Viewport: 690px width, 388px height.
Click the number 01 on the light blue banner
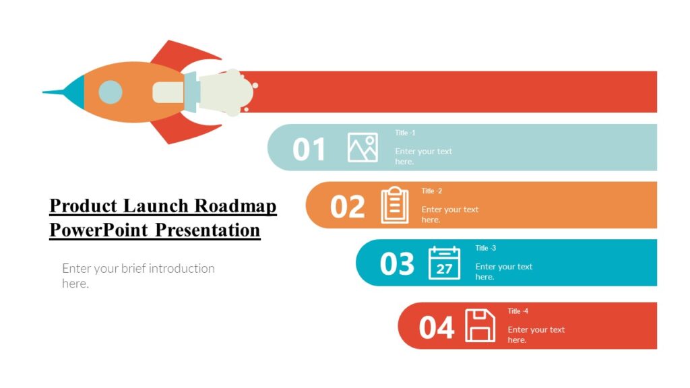[309, 149]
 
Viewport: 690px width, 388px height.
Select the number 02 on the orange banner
[348, 207]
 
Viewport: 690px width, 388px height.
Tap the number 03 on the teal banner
[397, 264]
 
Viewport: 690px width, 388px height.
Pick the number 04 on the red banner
[437, 327]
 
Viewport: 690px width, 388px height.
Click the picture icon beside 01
[363, 148]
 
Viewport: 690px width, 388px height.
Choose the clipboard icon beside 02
[395, 205]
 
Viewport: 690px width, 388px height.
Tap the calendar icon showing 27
[445, 263]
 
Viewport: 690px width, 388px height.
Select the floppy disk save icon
[480, 325]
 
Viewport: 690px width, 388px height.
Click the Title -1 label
[405, 133]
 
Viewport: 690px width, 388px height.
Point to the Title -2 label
[432, 191]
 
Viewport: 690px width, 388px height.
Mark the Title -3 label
[485, 248]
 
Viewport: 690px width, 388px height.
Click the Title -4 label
[518, 311]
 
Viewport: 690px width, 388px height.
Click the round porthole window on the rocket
[111, 92]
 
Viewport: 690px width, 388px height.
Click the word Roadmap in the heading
[236, 205]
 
